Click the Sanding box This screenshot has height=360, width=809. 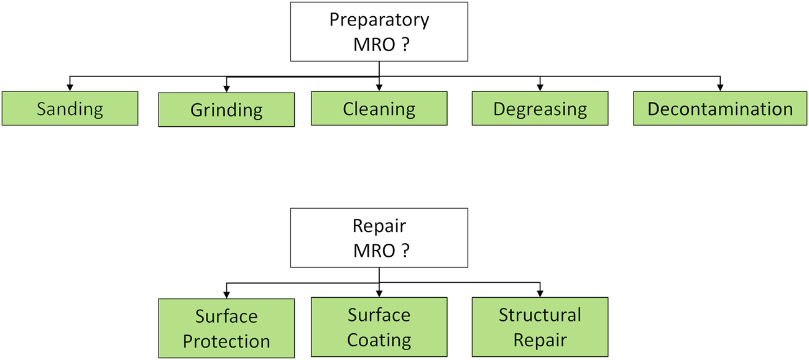point(70,109)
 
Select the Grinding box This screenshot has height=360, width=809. point(226,110)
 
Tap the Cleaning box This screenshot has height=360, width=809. point(379,109)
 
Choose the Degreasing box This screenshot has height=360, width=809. point(540,109)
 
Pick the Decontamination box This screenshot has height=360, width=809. point(720,109)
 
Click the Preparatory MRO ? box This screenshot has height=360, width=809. point(379,31)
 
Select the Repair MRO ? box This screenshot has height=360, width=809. point(379,238)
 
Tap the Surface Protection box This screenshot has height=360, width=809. point(226,328)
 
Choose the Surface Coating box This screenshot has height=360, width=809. point(379,327)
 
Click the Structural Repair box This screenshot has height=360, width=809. point(540,327)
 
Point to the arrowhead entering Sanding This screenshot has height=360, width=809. point(70,88)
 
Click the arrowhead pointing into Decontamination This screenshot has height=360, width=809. point(720,88)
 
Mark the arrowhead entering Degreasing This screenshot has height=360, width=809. point(540,88)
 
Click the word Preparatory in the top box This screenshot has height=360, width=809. point(379,20)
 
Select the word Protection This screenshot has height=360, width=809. point(226,341)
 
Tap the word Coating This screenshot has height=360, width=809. point(379,340)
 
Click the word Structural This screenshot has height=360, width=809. point(540,315)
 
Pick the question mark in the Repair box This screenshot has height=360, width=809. point(405,251)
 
